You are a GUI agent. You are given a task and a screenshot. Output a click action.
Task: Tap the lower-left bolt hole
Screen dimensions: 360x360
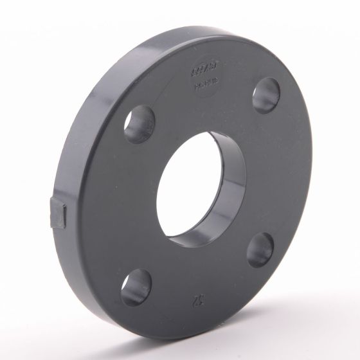136,285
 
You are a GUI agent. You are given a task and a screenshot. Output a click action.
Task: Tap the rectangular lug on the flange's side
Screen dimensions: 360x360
59,212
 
